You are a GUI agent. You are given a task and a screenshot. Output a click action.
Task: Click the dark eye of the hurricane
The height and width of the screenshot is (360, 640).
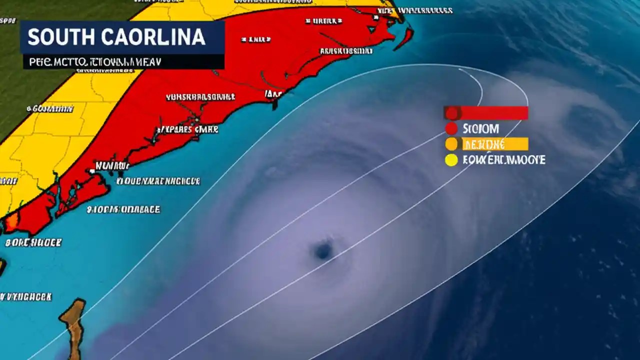click(323, 249)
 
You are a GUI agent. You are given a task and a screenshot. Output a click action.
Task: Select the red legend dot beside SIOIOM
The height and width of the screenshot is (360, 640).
click(451, 128)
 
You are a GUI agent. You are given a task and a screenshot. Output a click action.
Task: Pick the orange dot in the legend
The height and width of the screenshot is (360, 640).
click(451, 144)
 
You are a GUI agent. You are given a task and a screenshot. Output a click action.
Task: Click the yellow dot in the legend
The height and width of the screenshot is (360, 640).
click(451, 160)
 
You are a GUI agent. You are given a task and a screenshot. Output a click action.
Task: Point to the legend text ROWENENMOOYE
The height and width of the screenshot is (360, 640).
click(503, 160)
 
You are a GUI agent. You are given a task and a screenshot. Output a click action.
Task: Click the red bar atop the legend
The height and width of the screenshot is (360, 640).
click(492, 113)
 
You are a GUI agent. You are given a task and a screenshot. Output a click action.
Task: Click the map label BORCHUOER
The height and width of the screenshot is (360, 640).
click(33, 242)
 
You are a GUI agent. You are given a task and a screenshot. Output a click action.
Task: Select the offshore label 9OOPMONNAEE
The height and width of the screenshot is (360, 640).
click(123, 209)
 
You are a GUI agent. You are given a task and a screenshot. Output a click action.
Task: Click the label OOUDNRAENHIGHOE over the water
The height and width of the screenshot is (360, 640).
click(158, 181)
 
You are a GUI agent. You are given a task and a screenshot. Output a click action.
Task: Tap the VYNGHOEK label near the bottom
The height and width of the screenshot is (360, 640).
click(26, 296)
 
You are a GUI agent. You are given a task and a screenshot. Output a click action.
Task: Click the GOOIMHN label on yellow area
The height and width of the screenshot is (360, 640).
click(50, 108)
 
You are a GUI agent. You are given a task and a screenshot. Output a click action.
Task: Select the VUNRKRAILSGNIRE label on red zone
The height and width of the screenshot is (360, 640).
click(200, 97)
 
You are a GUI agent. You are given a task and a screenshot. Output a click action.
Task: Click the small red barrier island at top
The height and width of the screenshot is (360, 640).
click(404, 39)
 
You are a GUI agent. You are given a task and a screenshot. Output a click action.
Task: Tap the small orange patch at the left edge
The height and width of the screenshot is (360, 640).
click(11, 220)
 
